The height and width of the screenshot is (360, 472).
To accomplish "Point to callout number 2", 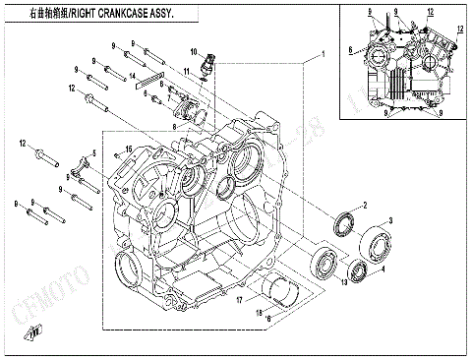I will pos(364,205).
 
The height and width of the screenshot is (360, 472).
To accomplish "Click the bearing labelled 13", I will pos(323,263).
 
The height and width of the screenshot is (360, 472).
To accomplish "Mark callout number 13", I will pos(343,284).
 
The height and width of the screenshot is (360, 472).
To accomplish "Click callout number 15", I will pos(128,148).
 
